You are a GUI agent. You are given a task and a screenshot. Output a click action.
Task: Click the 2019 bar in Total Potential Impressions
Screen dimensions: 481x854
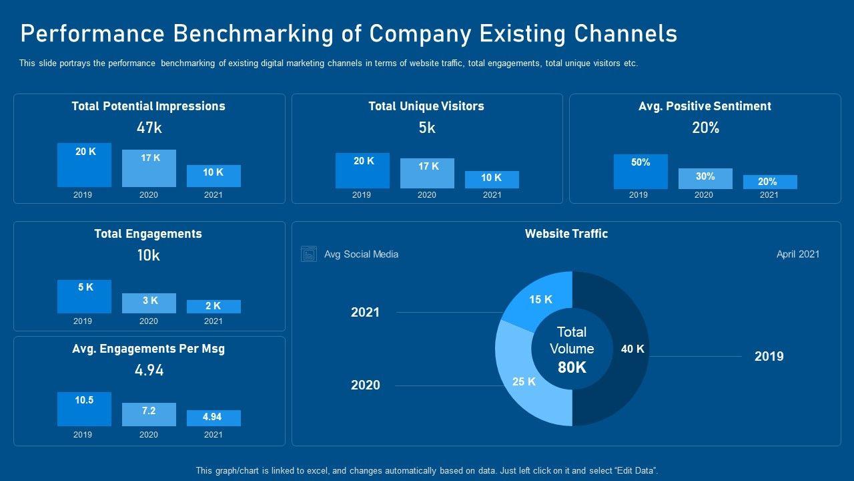84,165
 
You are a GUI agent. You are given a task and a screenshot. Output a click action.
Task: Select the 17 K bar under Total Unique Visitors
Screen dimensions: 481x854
427,173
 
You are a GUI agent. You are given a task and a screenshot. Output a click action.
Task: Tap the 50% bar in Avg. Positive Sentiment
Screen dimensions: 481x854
640,172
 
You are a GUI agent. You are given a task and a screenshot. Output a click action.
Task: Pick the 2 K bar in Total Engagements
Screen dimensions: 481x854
213,306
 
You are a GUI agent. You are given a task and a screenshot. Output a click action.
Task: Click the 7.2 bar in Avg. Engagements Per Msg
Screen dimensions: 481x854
149,414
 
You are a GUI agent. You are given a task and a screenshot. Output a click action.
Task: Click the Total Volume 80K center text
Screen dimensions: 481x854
572,349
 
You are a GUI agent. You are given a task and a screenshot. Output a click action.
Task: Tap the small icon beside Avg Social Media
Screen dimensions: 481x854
309,254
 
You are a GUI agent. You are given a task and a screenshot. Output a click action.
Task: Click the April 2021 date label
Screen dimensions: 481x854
798,254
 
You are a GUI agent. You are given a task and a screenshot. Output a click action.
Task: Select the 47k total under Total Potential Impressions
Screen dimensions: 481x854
149,128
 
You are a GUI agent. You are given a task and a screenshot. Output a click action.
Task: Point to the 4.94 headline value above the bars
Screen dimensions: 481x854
149,370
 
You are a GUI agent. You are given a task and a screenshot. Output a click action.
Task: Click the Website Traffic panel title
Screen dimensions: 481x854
566,234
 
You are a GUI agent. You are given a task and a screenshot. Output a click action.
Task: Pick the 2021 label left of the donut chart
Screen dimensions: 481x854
365,312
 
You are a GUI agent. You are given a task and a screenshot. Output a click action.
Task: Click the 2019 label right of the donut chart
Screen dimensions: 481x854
769,356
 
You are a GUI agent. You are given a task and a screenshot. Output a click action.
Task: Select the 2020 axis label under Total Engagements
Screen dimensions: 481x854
149,321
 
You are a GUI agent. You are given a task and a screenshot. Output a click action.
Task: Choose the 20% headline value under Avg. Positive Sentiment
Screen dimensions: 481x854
705,128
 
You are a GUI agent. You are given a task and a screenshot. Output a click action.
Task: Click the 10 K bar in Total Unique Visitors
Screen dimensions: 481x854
492,179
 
